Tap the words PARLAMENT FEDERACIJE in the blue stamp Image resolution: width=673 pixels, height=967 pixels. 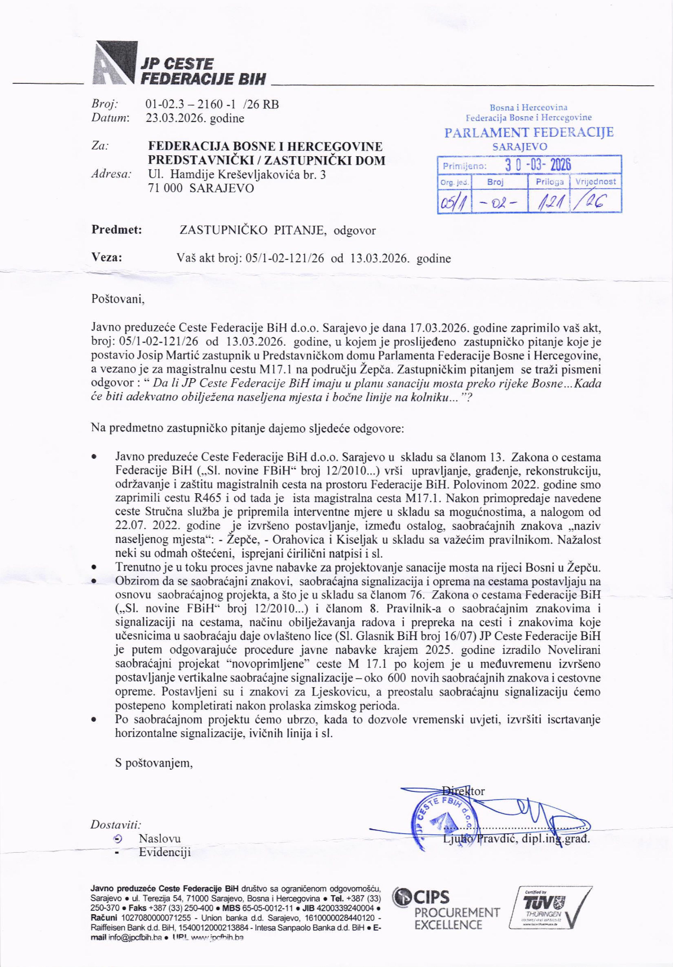pyautogui.click(x=529, y=133)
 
